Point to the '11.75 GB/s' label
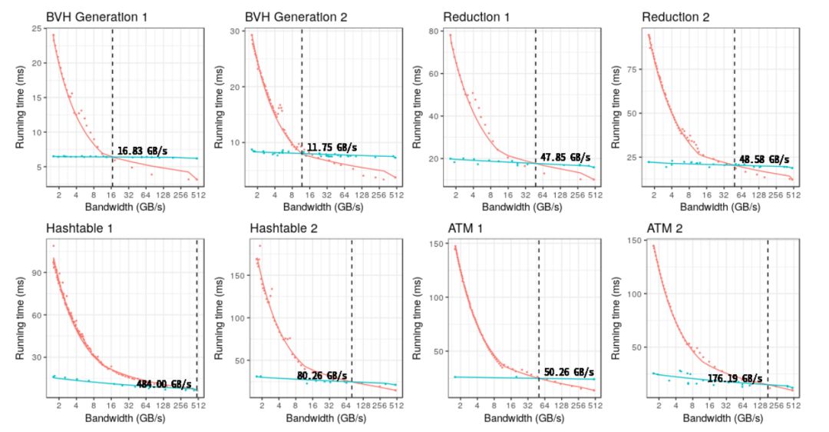332,148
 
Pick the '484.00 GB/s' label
163,384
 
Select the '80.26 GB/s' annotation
323,376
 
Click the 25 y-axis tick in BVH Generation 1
35,29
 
